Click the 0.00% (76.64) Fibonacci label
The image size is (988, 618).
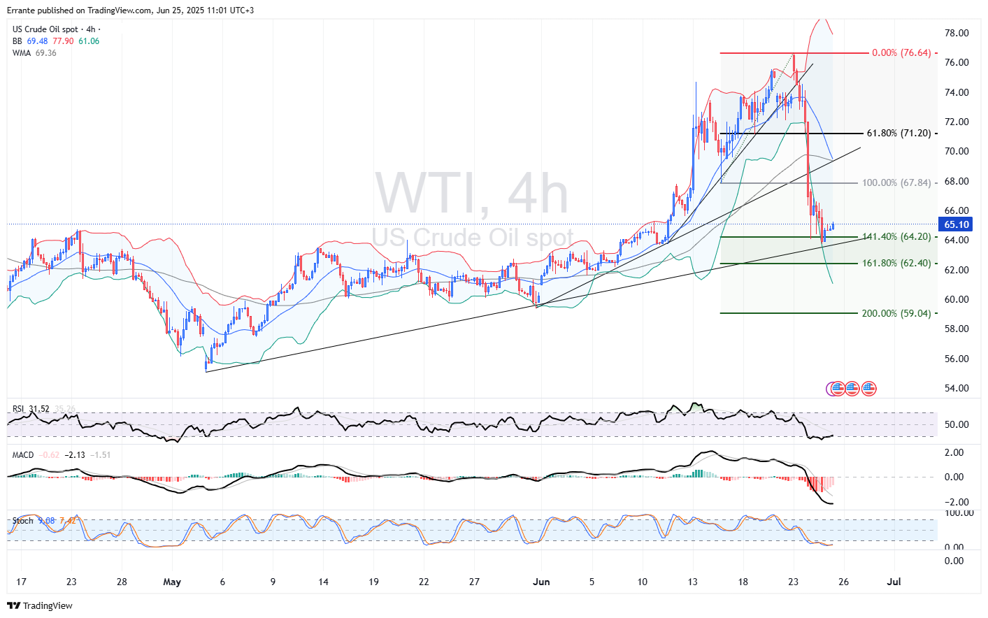click(901, 53)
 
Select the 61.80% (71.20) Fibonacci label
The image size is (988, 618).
click(898, 134)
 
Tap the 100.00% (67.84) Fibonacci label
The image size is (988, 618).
click(896, 183)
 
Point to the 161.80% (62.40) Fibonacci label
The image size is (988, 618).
click(896, 264)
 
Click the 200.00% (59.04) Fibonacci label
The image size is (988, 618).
click(896, 313)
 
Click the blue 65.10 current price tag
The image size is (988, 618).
click(957, 224)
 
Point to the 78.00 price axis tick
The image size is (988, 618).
click(957, 33)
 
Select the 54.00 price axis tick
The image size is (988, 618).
click(957, 388)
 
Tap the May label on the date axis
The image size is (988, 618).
click(171, 582)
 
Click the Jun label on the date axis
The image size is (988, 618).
click(540, 582)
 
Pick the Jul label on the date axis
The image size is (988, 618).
click(893, 582)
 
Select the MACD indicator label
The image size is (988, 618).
click(23, 455)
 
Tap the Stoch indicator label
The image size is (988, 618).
click(23, 521)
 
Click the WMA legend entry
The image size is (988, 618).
click(22, 53)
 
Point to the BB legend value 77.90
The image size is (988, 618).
click(63, 41)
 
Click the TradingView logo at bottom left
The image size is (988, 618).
click(40, 605)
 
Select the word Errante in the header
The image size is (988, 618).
click(22, 10)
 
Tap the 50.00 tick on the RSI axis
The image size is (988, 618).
click(957, 424)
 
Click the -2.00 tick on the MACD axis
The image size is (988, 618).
click(955, 502)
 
